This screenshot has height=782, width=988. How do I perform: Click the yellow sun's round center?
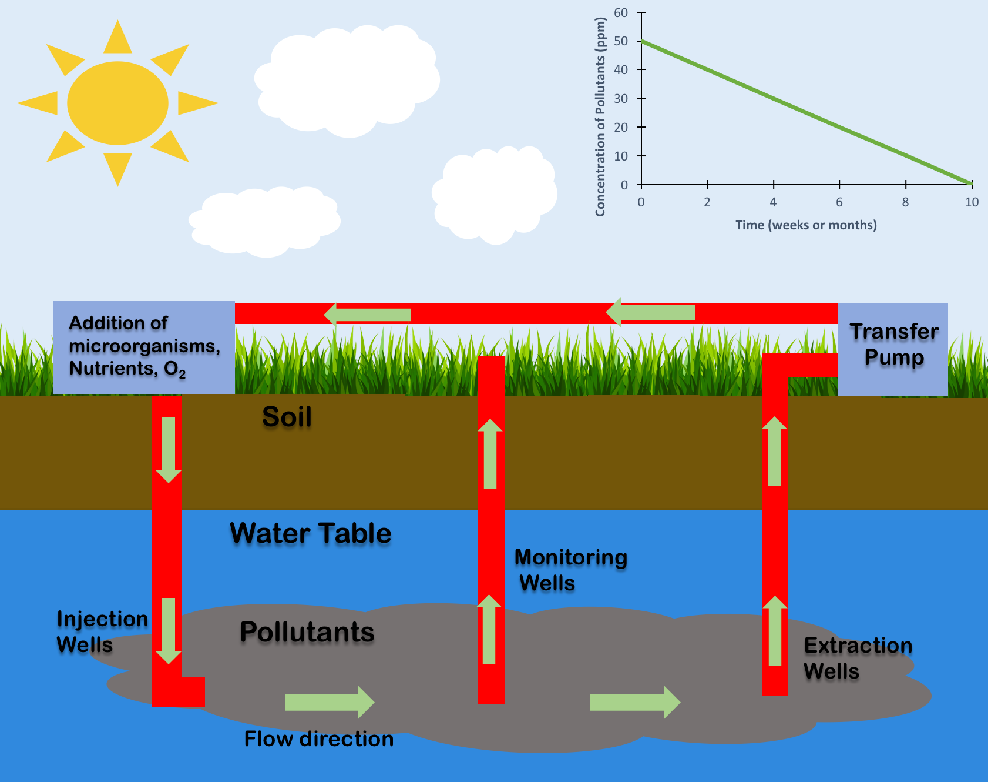117,103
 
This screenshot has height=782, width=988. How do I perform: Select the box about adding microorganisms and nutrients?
143,347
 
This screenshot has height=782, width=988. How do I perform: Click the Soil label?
287,417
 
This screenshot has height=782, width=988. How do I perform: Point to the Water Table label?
310,533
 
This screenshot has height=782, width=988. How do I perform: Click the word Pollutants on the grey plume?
307,632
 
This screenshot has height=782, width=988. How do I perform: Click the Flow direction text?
318,739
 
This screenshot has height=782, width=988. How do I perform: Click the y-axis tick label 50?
621,41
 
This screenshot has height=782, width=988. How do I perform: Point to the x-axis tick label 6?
839,202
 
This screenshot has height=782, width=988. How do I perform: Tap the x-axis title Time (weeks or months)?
806,225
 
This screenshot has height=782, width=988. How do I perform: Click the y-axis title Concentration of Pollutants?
600,116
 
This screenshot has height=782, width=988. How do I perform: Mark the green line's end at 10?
970,183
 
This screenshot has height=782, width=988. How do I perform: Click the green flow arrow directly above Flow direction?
329,702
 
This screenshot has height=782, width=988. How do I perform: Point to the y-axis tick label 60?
621,13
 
